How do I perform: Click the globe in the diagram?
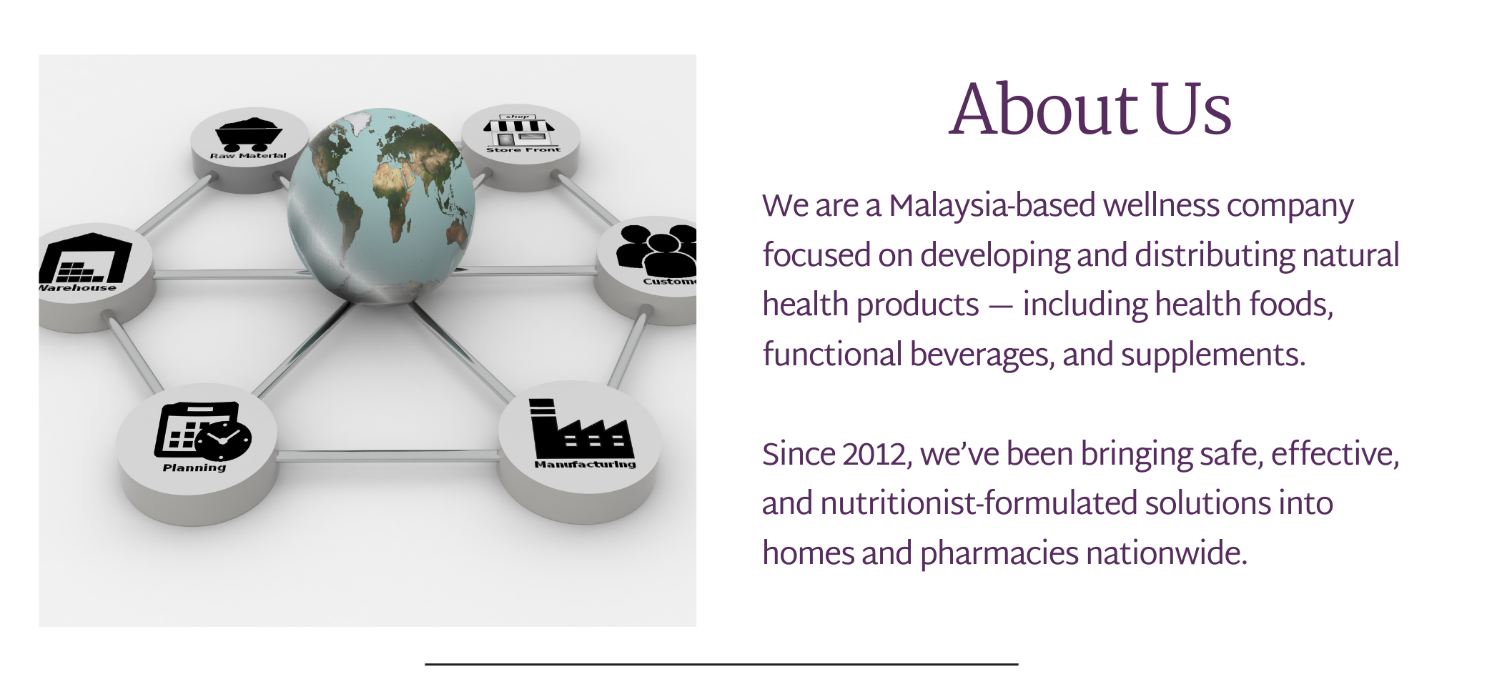(381, 207)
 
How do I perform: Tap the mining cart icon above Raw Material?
(249, 133)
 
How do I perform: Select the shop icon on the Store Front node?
(519, 129)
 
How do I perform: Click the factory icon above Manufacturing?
(581, 428)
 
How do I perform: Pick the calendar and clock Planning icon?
(203, 431)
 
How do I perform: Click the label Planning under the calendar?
(194, 468)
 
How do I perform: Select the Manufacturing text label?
(585, 465)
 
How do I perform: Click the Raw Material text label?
(248, 155)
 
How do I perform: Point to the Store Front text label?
(523, 149)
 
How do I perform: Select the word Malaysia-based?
(992, 206)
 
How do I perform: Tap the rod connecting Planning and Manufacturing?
(387, 455)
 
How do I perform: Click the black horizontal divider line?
(721, 664)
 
